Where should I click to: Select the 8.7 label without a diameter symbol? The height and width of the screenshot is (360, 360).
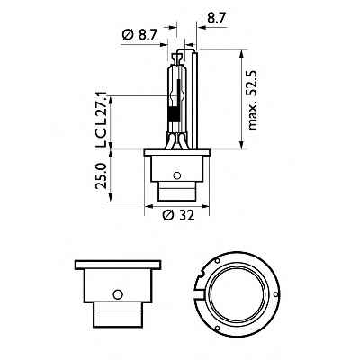click(217, 16)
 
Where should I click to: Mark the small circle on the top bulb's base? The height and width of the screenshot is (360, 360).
click(177, 175)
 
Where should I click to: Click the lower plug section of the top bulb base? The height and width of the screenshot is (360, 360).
click(177, 192)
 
